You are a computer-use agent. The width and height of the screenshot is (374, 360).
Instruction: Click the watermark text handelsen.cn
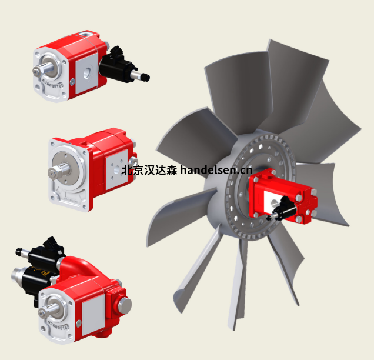[216, 171]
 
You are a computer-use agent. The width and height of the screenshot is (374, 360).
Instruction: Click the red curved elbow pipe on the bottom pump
[82, 268]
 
